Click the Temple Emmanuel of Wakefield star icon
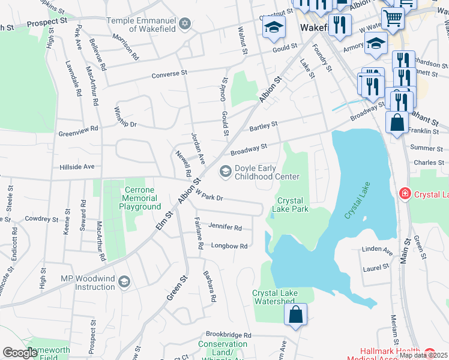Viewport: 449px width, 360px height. (185, 23)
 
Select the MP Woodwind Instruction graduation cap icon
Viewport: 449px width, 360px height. (124, 282)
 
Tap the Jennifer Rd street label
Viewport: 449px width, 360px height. (225, 227)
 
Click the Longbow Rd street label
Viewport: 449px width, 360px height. (229, 246)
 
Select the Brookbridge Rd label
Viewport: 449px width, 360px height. (228, 335)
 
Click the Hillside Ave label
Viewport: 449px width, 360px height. (77, 166)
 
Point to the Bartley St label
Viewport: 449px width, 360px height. (264, 127)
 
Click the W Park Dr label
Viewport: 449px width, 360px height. (208, 196)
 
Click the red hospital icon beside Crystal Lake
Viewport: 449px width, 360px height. (405, 194)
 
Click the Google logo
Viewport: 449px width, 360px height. (20, 353)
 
